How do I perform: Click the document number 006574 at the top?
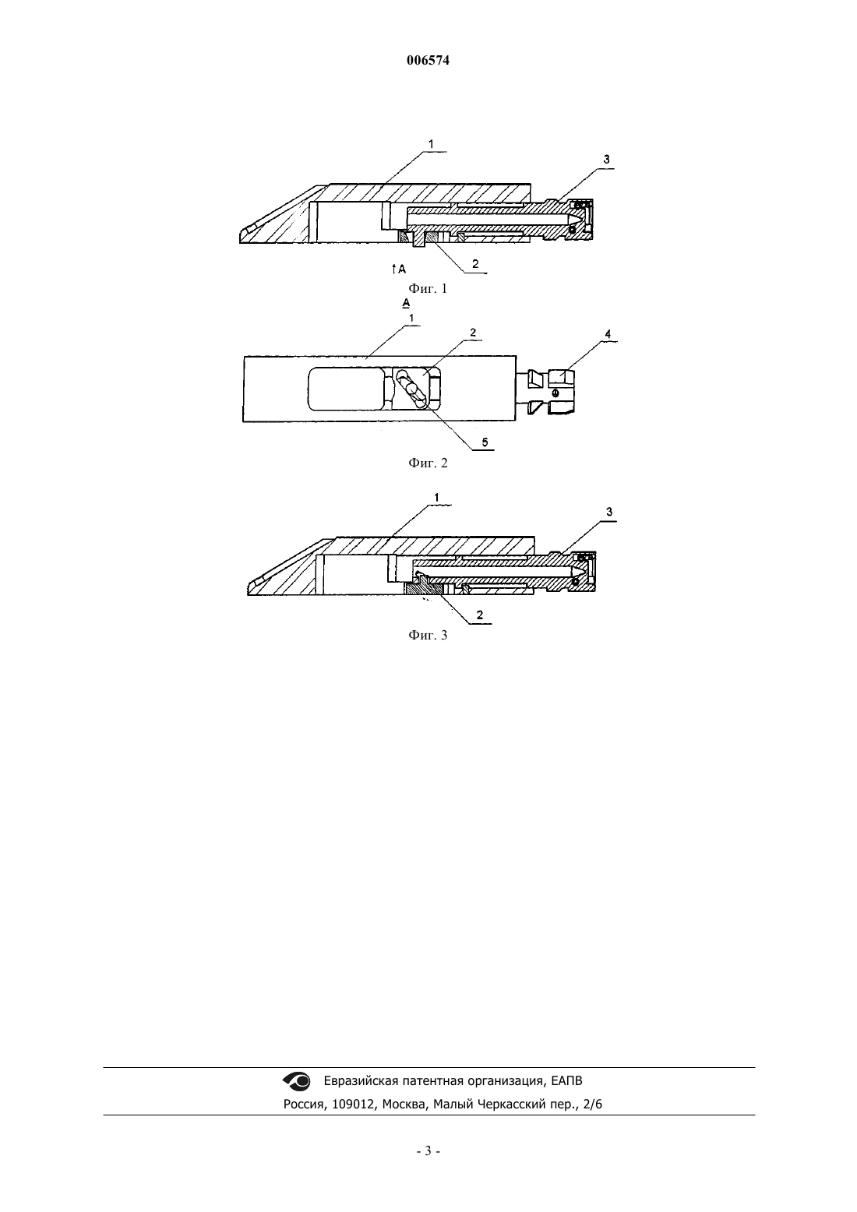(428, 61)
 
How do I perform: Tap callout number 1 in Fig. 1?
(431, 144)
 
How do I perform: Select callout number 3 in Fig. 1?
(606, 160)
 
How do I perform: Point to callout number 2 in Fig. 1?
(475, 264)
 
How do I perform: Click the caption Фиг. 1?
(428, 288)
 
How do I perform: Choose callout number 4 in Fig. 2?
(608, 334)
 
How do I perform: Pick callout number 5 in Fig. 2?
(485, 442)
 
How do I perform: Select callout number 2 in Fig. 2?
(473, 333)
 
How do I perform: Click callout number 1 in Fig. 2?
(411, 318)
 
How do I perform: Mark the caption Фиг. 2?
(428, 463)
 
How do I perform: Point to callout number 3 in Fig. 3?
(609, 512)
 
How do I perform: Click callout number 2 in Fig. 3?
(479, 615)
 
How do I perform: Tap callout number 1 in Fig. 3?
(436, 497)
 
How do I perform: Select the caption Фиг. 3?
(428, 636)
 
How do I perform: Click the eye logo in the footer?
(297, 1081)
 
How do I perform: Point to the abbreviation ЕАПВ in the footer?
(566, 1081)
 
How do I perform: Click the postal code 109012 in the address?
(354, 1105)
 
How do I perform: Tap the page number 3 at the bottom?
(428, 1151)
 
